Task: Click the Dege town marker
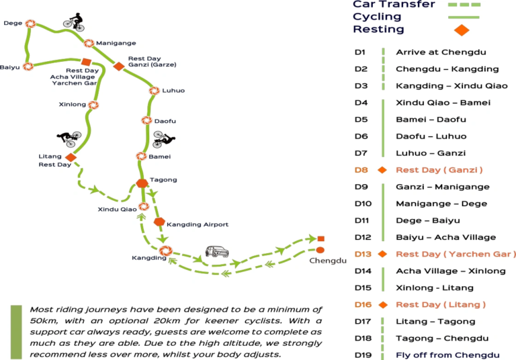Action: coord(31,24)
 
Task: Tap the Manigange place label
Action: coord(116,43)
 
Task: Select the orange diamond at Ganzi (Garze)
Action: coord(119,66)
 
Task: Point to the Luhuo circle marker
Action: coord(154,91)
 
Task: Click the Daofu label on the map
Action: coord(165,121)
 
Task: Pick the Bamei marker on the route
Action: coord(141,156)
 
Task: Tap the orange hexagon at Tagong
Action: coord(142,183)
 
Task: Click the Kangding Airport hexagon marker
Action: coord(159,222)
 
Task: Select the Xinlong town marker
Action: coord(93,105)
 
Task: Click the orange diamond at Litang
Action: coord(71,157)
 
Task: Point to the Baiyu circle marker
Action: coord(28,66)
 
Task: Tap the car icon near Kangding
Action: coord(217,251)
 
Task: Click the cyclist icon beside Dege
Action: coord(75,22)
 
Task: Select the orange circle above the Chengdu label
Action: coord(320,250)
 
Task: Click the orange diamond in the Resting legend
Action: coord(462,30)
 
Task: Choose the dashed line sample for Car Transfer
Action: coord(464,5)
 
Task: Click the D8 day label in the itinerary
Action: coord(361,170)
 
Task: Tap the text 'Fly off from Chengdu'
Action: coord(447,355)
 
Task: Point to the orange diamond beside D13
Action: coord(382,254)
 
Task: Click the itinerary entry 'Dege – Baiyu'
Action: coord(428,220)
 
